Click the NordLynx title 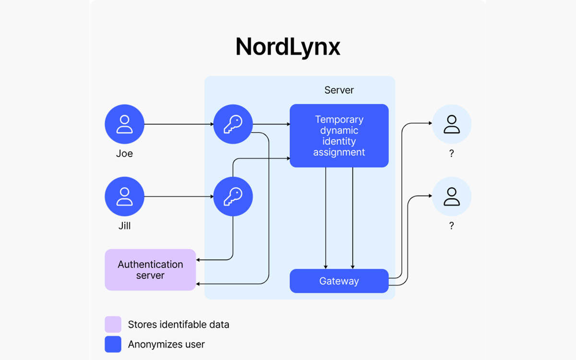(288, 47)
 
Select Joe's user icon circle (124, 124)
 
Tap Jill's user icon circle (124, 196)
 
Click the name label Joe (124, 154)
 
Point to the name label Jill (124, 226)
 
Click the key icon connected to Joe (233, 124)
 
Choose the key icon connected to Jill (233, 196)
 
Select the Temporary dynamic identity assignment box (339, 136)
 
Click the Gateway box (339, 281)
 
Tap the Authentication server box (150, 270)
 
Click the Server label (339, 90)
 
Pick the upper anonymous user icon (452, 124)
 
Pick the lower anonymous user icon (452, 196)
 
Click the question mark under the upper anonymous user (452, 154)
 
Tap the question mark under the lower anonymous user (452, 226)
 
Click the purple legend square (113, 324)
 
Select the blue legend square (113, 344)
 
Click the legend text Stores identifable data (179, 324)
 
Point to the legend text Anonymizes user (166, 344)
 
